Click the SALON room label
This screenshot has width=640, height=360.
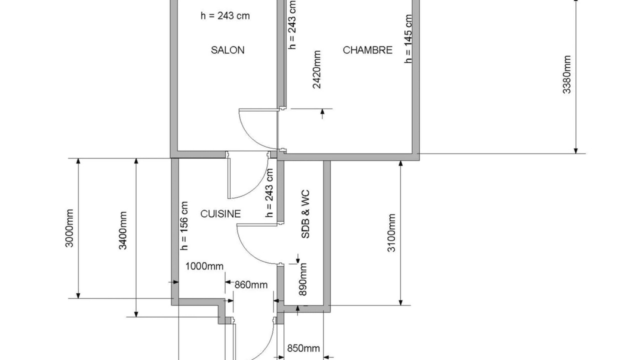coord(227,50)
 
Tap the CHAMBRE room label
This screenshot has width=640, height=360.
coord(367,50)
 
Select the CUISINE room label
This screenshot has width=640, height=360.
coord(220,213)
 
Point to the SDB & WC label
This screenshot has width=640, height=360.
coord(305,213)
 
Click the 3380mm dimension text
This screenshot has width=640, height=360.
coord(566,74)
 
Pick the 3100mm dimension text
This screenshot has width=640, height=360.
coord(391,233)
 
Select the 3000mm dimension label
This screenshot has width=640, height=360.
coord(69,228)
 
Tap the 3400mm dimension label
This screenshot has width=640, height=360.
coord(122,230)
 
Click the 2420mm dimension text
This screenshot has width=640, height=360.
coord(317,69)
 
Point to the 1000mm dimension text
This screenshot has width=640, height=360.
coord(204,266)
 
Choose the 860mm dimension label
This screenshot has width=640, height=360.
coord(251,285)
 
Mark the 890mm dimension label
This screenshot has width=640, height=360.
coord(302,279)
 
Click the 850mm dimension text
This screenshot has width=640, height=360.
coord(303,348)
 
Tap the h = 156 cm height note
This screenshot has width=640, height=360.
coord(184,225)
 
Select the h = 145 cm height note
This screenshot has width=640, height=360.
coord(408,38)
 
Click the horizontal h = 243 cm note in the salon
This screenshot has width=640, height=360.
coord(225,15)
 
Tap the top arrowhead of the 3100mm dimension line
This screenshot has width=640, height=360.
coord(400,163)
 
